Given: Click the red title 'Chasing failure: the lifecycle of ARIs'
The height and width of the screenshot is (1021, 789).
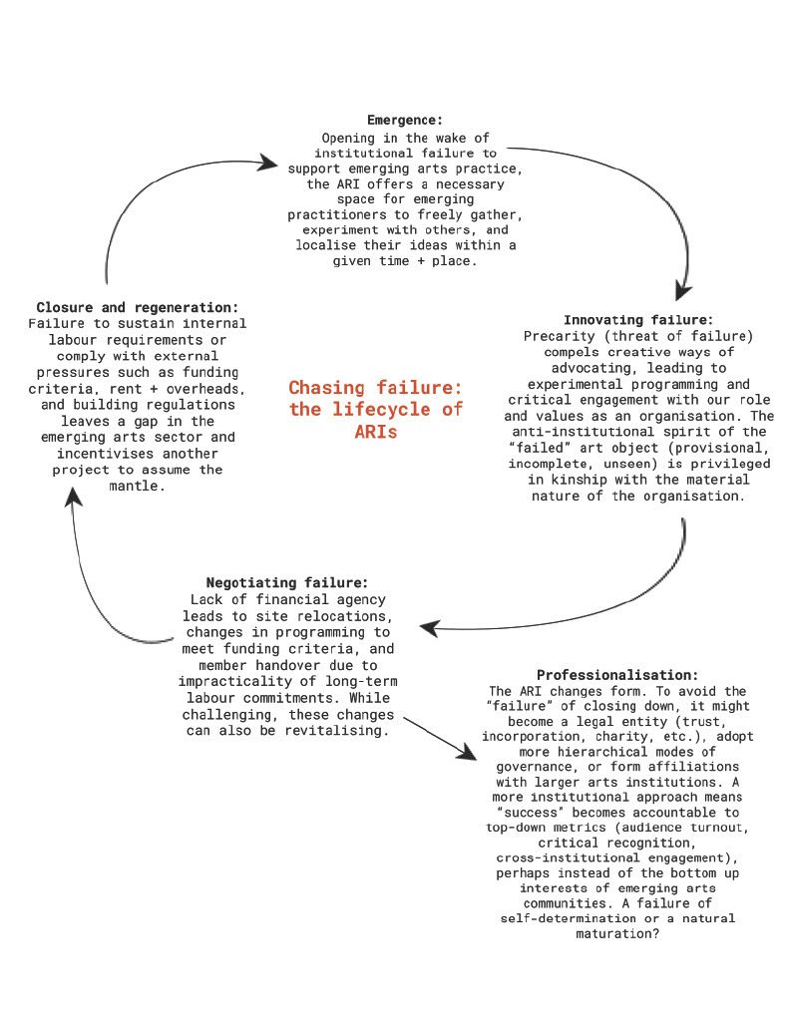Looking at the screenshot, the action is (375, 410).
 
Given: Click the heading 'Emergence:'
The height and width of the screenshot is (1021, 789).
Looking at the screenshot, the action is (403, 121).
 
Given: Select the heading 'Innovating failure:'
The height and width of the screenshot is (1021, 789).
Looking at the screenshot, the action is (638, 320).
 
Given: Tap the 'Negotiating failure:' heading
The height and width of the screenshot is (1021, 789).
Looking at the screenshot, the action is (286, 581).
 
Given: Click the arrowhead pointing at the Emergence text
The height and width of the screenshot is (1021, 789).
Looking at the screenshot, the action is (266, 159).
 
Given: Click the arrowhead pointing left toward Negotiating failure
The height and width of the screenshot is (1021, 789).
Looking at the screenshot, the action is (430, 628).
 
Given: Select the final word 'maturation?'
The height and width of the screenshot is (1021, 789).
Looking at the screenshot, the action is (617, 934).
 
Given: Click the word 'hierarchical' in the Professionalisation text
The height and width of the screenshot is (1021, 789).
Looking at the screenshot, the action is (609, 750).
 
